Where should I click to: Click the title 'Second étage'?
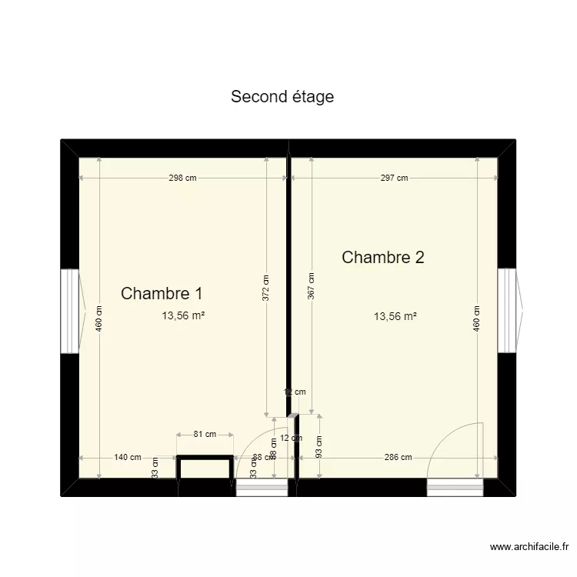[282, 97]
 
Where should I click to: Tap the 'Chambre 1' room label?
[162, 293]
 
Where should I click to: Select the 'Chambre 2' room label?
[382, 257]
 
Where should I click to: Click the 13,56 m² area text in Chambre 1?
[183, 315]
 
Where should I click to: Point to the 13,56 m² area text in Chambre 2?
[395, 315]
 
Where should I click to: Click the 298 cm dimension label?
[182, 178]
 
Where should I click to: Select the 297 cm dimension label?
[394, 178]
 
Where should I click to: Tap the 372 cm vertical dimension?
[266, 288]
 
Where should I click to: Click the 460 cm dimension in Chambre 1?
[99, 318]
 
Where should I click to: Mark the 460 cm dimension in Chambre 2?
[477, 318]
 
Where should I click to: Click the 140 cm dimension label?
[128, 457]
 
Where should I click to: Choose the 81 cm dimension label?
[205, 435]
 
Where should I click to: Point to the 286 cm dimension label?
[398, 457]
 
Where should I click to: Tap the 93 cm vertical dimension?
[319, 446]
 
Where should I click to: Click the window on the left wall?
[71, 311]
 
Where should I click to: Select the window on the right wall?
[508, 310]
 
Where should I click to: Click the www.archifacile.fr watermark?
[529, 547]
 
